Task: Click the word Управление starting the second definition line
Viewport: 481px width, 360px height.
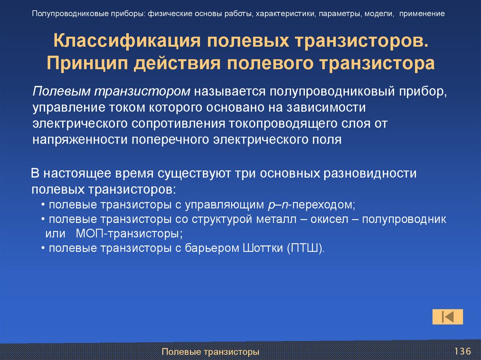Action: pyautogui.click(x=65, y=107)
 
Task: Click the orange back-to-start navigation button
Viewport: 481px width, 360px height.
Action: pyautogui.click(x=447, y=317)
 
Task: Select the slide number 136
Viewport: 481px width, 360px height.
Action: pyautogui.click(x=462, y=351)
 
